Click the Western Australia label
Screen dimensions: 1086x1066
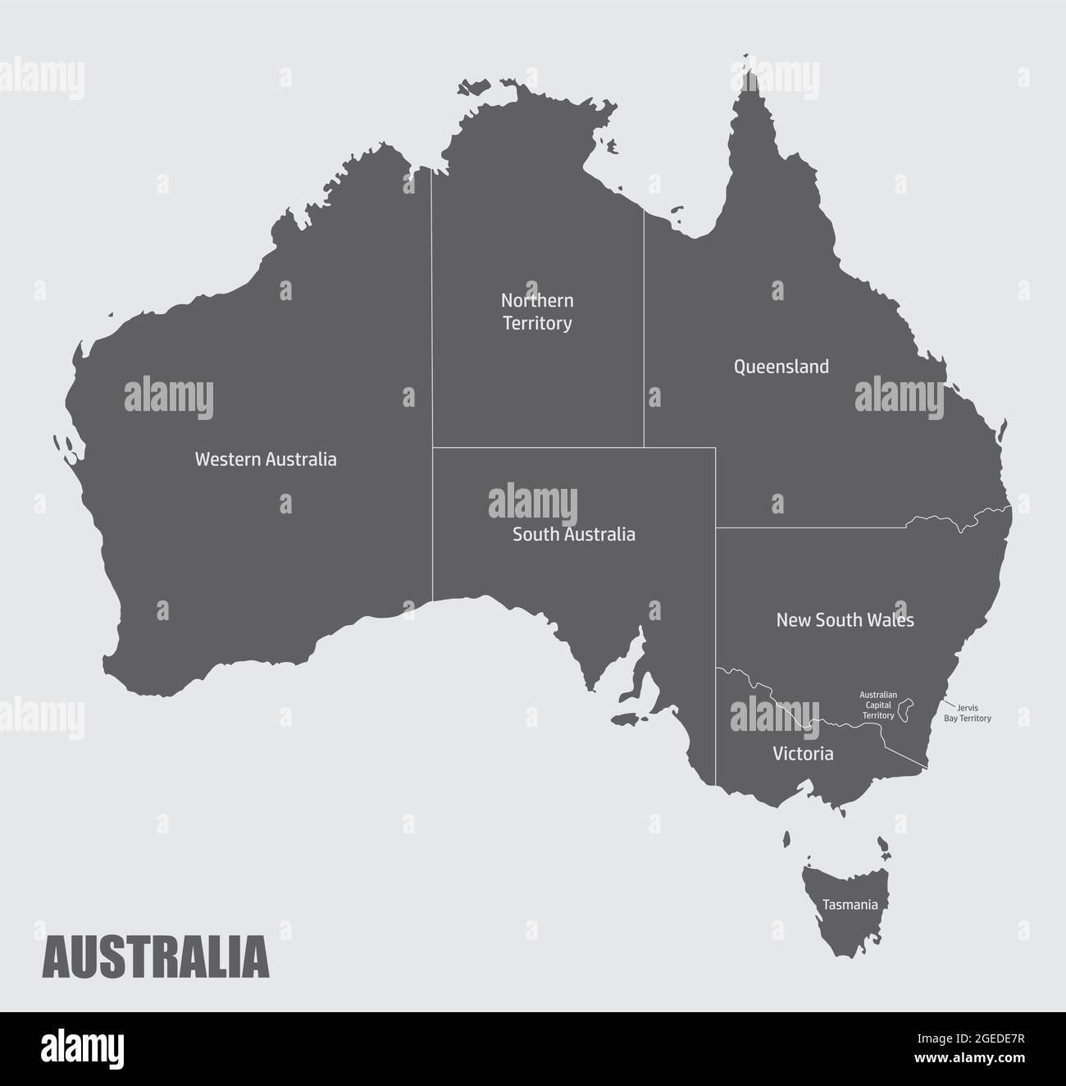265,459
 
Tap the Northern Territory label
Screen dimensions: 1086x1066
537,312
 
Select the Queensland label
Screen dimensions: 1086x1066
781,367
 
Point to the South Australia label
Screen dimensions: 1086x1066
573,535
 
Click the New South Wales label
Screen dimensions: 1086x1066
845,620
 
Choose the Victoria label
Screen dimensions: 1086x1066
803,754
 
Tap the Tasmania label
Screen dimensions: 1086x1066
850,905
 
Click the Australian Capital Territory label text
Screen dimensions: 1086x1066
877,705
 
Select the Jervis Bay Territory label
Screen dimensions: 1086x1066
968,713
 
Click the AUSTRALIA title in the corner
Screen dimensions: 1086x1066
156,957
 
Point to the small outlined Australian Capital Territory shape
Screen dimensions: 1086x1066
906,710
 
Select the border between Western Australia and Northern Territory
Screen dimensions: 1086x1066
432,312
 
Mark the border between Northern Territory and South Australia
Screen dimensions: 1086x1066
537,447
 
